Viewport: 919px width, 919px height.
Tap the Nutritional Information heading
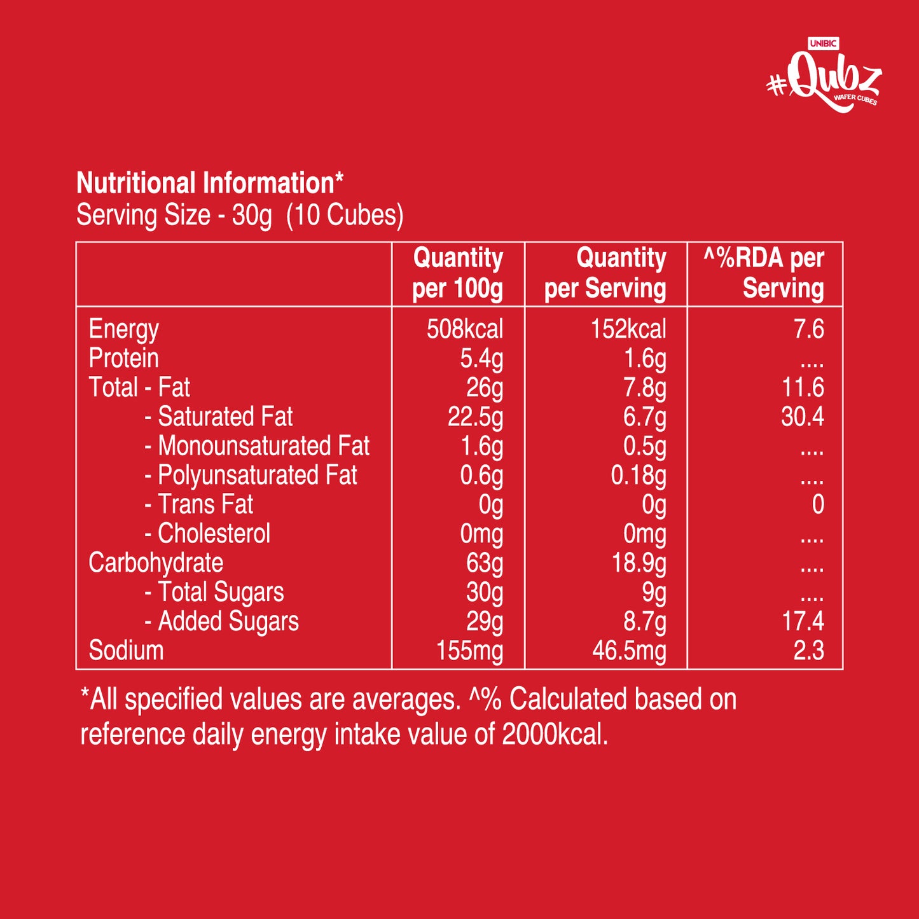point(209,183)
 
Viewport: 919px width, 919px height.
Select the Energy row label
point(123,329)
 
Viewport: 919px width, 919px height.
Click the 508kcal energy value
point(464,329)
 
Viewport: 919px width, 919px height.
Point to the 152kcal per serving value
point(628,329)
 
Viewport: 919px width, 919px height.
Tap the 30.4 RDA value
point(802,417)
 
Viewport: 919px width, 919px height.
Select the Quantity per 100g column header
point(458,273)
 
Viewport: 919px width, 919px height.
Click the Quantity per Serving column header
point(605,273)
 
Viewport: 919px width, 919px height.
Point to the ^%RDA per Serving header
point(765,273)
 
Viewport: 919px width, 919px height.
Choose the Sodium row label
point(126,651)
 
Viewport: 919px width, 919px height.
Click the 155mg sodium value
point(469,651)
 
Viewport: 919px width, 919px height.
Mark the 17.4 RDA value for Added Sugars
point(803,621)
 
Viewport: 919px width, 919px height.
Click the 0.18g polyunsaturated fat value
point(638,476)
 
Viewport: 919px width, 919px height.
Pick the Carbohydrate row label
point(156,563)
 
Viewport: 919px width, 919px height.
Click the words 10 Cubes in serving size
point(345,216)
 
